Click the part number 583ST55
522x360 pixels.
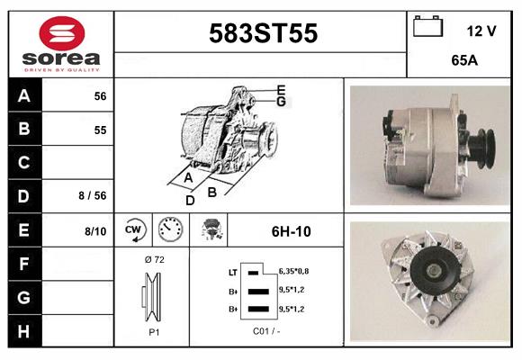point(263,33)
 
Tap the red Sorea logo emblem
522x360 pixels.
point(62,33)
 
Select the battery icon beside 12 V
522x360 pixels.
point(427,26)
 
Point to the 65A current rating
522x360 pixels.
point(464,60)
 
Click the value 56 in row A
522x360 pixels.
point(100,96)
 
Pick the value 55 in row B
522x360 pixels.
point(100,130)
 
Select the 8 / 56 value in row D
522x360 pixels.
point(93,195)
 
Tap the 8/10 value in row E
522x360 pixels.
point(95,231)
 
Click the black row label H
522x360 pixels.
point(23,331)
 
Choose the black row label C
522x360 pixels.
point(23,163)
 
